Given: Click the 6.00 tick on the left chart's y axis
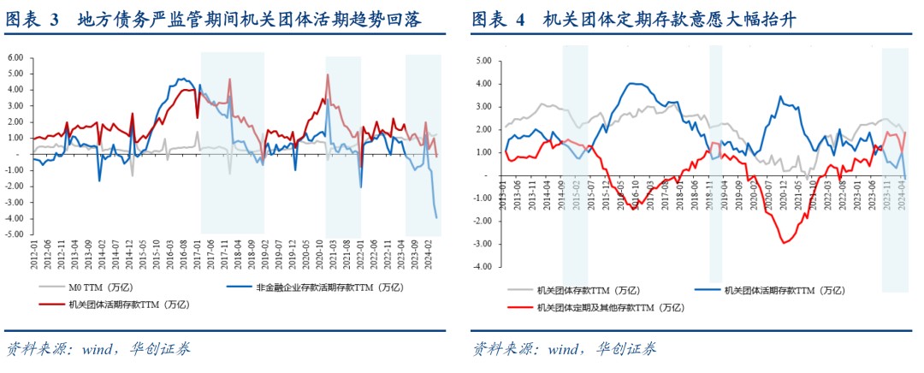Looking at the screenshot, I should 15,57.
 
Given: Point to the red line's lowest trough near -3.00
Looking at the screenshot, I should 785,243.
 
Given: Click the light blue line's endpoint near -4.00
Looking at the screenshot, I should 436,217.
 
